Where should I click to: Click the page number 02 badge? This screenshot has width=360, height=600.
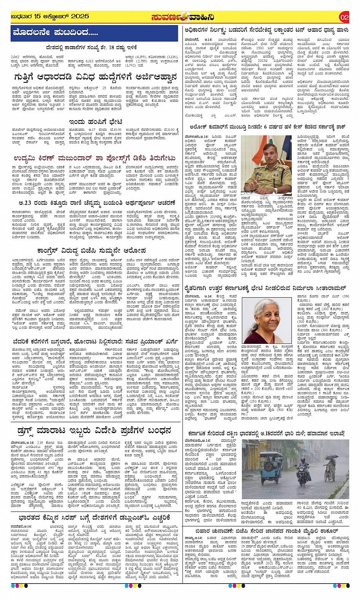(x=344, y=17)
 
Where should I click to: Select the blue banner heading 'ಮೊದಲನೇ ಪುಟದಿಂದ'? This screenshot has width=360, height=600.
(x=55, y=33)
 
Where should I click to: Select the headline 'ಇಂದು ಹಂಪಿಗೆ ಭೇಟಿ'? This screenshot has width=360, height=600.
(x=95, y=122)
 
